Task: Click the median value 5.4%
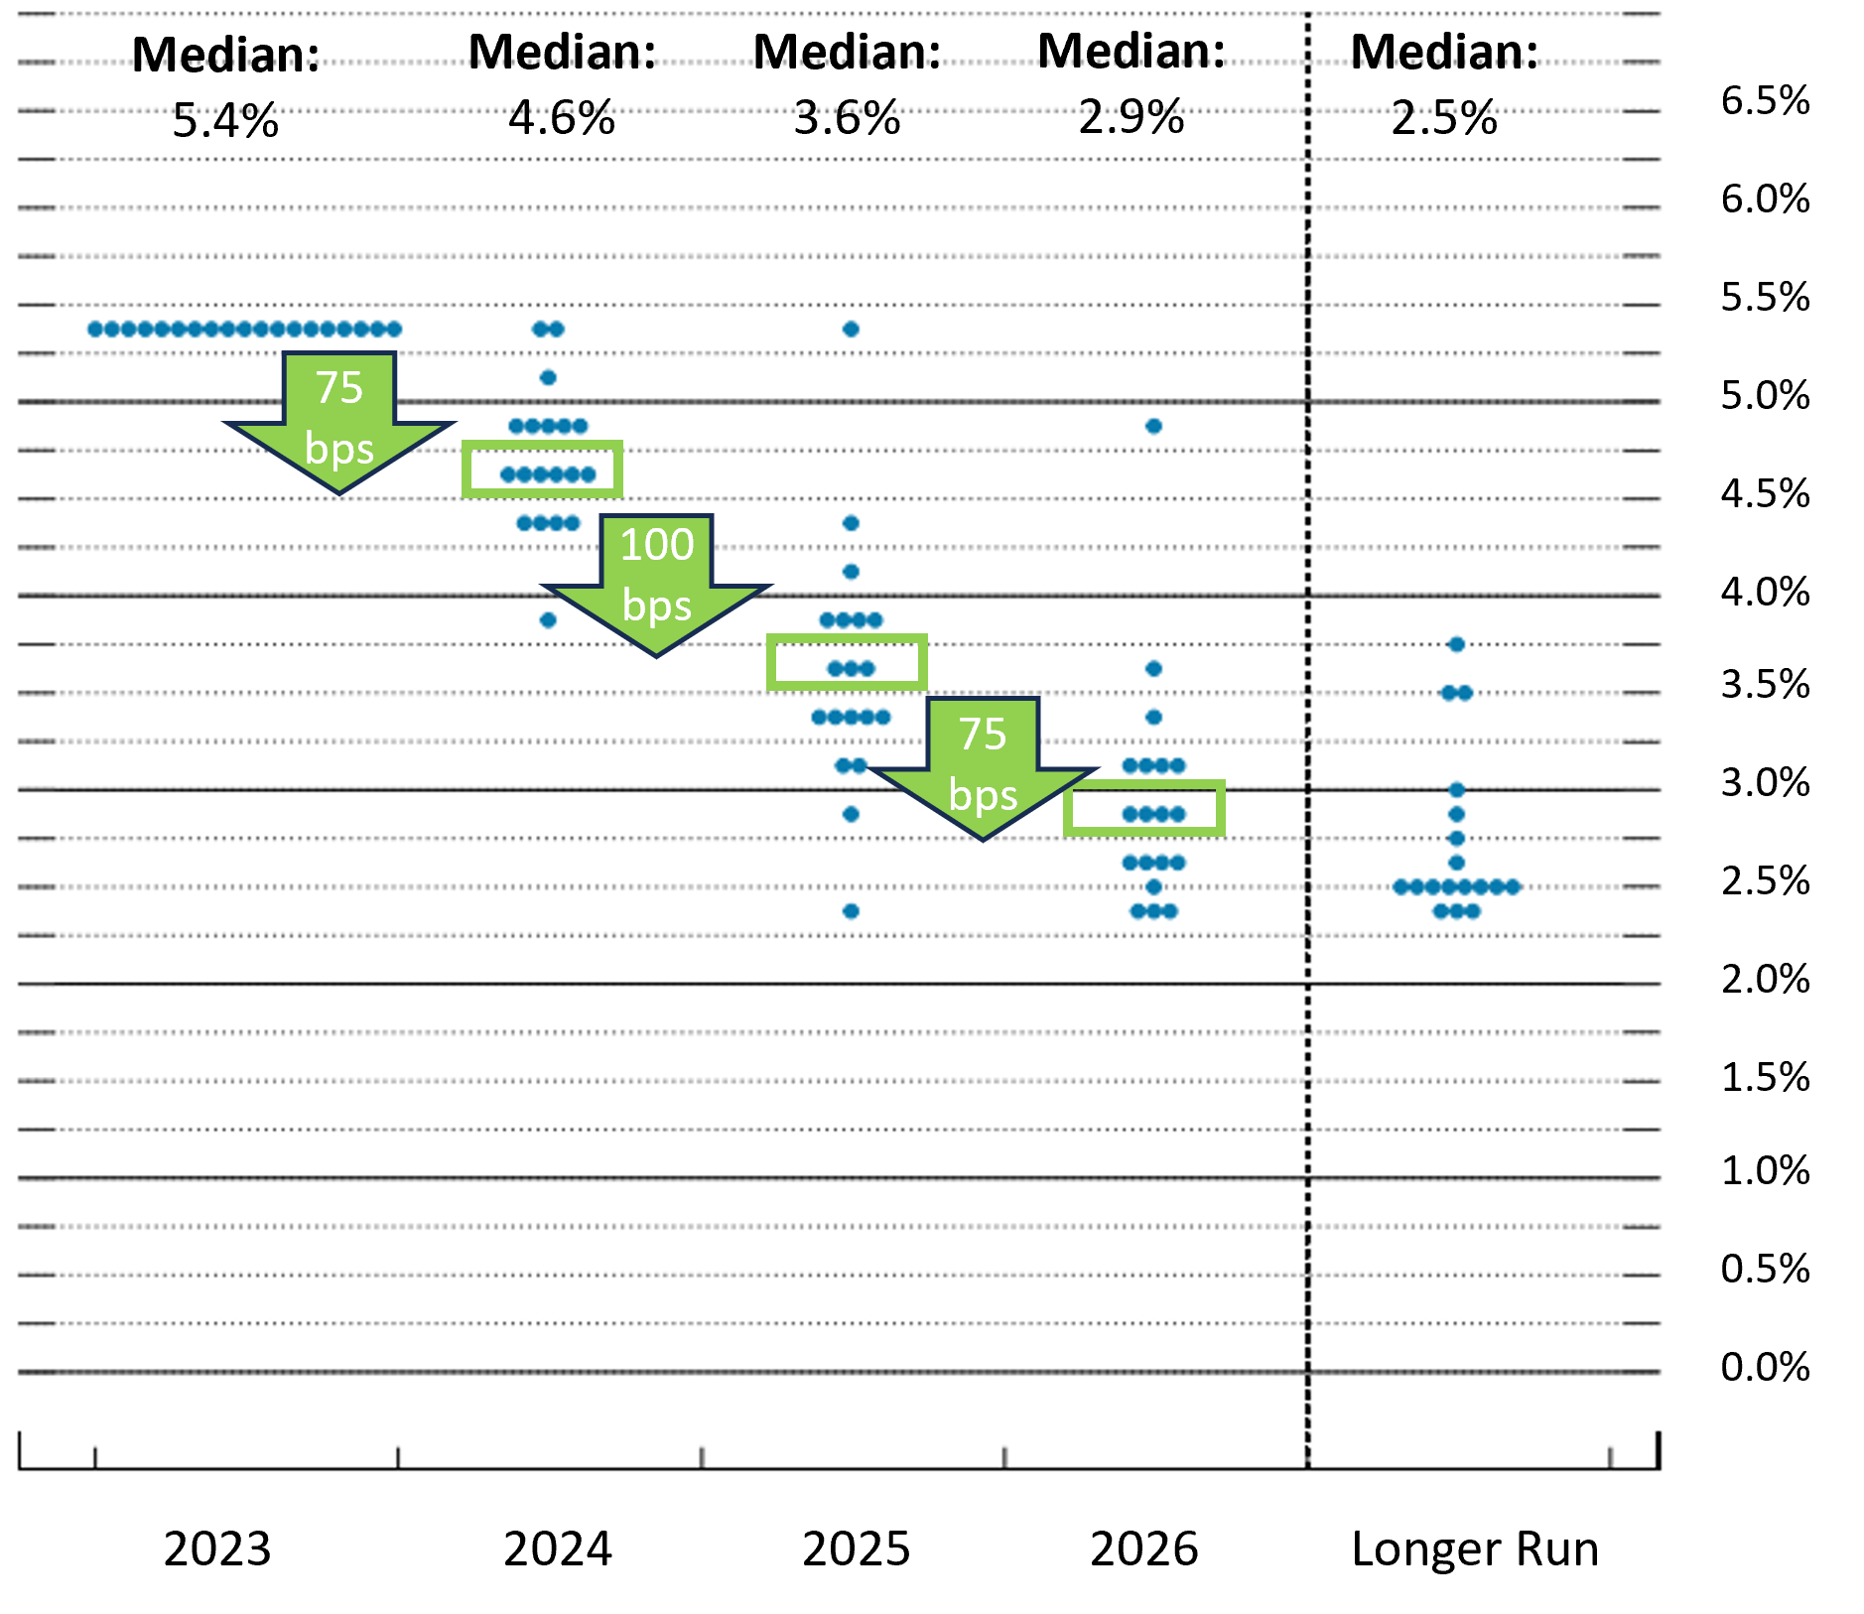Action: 225,121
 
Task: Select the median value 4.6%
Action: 562,118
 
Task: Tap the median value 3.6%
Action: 847,118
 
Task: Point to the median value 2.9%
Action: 1132,117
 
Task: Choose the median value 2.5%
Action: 1444,118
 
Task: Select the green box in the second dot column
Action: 542,470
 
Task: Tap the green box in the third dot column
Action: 847,662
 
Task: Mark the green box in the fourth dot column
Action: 1144,808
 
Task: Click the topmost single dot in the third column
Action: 851,330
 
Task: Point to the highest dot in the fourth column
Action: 1153,427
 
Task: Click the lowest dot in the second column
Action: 548,620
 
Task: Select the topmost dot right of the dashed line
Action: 1456,645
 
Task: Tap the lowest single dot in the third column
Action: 851,911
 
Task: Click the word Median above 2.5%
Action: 1444,52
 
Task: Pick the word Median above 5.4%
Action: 225,55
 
